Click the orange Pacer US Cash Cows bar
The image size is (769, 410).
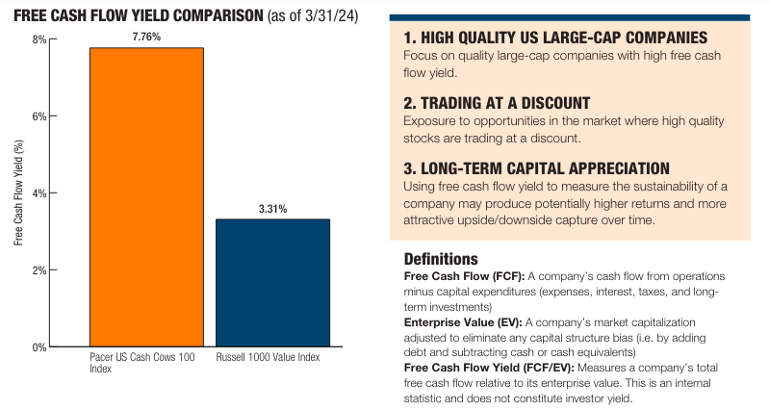point(146,197)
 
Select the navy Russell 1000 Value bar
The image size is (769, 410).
point(272,283)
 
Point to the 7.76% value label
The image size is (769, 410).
point(146,37)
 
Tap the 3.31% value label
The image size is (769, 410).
point(272,208)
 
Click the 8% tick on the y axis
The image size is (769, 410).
point(38,39)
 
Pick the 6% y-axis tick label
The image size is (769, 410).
point(38,116)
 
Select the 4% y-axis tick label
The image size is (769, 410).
point(38,193)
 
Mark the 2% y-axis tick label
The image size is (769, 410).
point(38,270)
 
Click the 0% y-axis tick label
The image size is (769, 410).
point(38,347)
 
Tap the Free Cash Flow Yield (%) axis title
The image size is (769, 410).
point(18,193)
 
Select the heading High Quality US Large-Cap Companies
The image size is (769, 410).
point(555,38)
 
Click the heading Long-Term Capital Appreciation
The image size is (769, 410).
point(537,167)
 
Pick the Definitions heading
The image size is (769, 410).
point(440,259)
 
